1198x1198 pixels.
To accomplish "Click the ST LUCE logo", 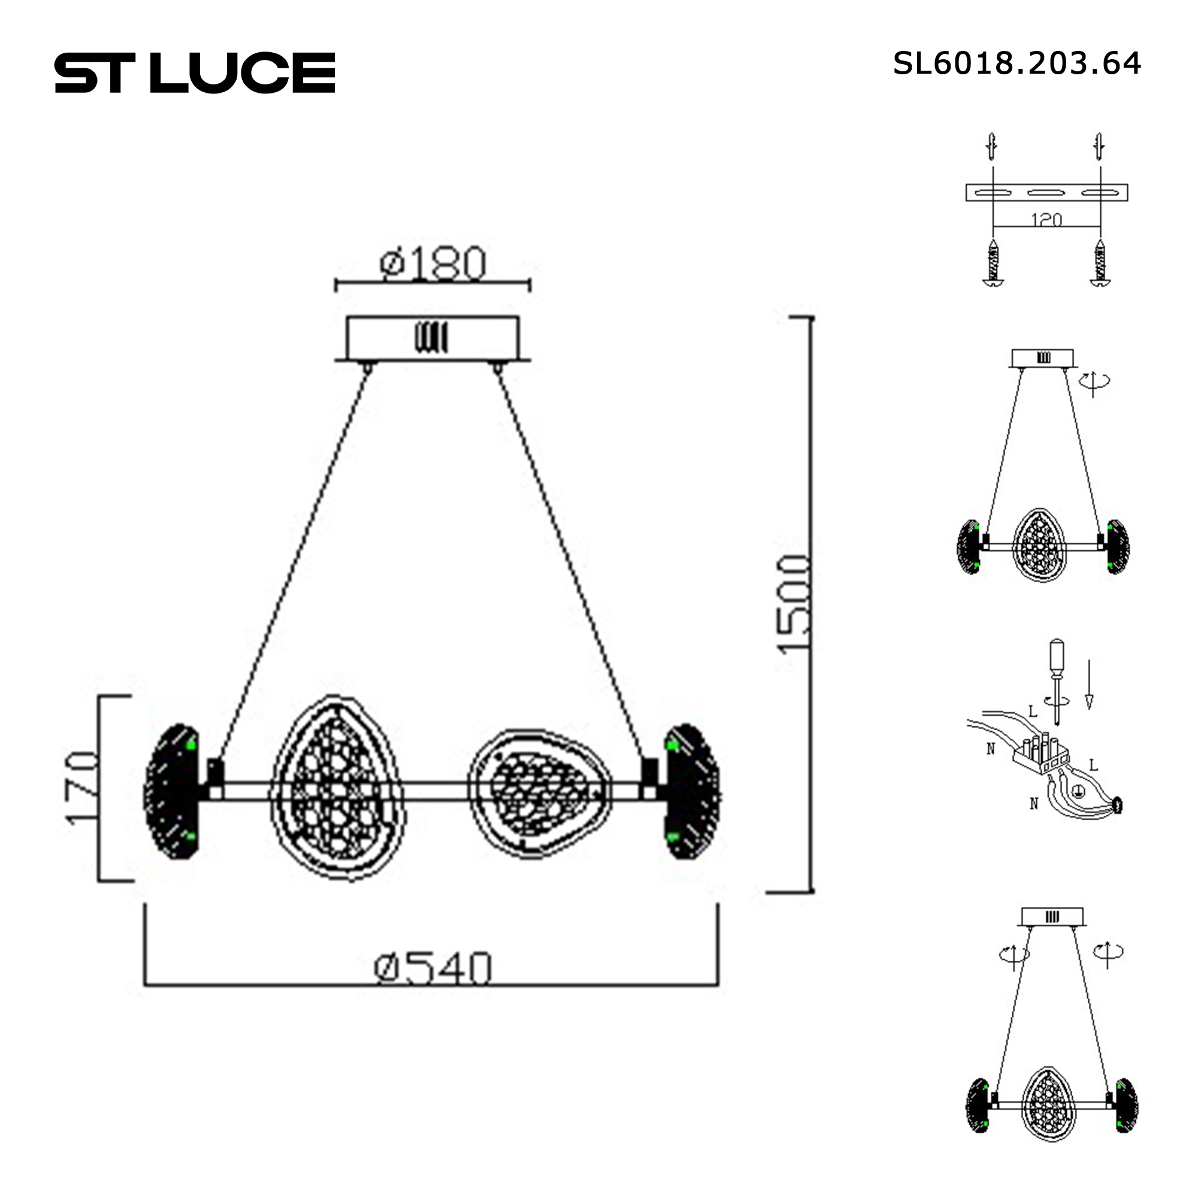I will point(195,72).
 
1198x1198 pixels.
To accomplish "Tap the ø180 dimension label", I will point(432,264).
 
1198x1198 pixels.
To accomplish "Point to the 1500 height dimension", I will point(794,604).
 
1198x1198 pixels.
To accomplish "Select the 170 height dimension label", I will point(83,788).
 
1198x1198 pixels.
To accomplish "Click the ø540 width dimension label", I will point(432,969).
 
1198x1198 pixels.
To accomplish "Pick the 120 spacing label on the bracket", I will point(1046,219).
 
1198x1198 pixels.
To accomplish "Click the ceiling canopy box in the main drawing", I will point(432,338).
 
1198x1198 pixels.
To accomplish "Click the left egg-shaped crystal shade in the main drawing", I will point(337,788).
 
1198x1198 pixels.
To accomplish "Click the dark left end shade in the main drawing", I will point(171,792).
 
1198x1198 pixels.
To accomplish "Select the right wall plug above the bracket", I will point(1099,147).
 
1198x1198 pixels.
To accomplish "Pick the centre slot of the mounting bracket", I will point(1046,193).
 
